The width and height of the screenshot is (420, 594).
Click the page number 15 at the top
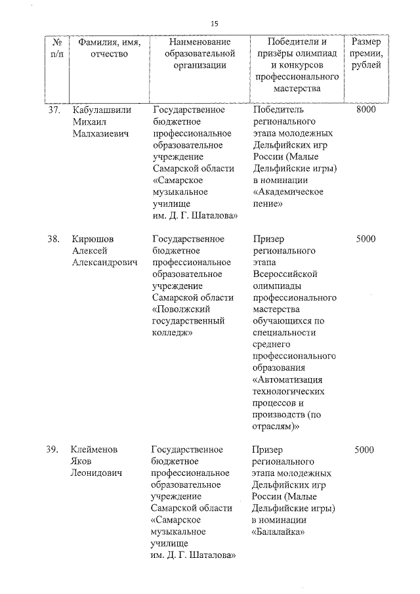[x=214, y=24]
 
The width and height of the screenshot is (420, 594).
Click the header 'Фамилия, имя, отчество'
[x=102, y=49]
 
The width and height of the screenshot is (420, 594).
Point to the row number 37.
[x=54, y=110]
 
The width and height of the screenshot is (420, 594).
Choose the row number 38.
[x=54, y=239]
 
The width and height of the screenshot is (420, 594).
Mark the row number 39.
[x=53, y=450]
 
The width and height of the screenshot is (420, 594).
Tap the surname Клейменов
[x=96, y=450]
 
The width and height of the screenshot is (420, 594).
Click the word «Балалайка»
[x=280, y=532]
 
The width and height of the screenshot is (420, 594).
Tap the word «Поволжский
[x=182, y=310]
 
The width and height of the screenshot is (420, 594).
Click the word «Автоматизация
[x=289, y=380]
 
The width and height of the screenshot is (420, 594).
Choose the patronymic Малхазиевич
[x=101, y=134]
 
